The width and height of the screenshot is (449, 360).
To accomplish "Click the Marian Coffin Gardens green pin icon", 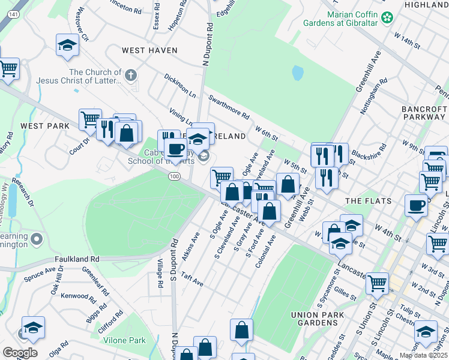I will (388, 16).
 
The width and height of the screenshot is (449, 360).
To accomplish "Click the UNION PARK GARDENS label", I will (318, 319).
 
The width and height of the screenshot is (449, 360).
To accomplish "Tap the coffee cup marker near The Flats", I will (416, 206).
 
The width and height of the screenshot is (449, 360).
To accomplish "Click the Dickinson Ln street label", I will (180, 85).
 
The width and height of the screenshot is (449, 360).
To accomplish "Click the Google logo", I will (20, 353).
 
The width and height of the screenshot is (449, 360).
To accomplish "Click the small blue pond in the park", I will (298, 73).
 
